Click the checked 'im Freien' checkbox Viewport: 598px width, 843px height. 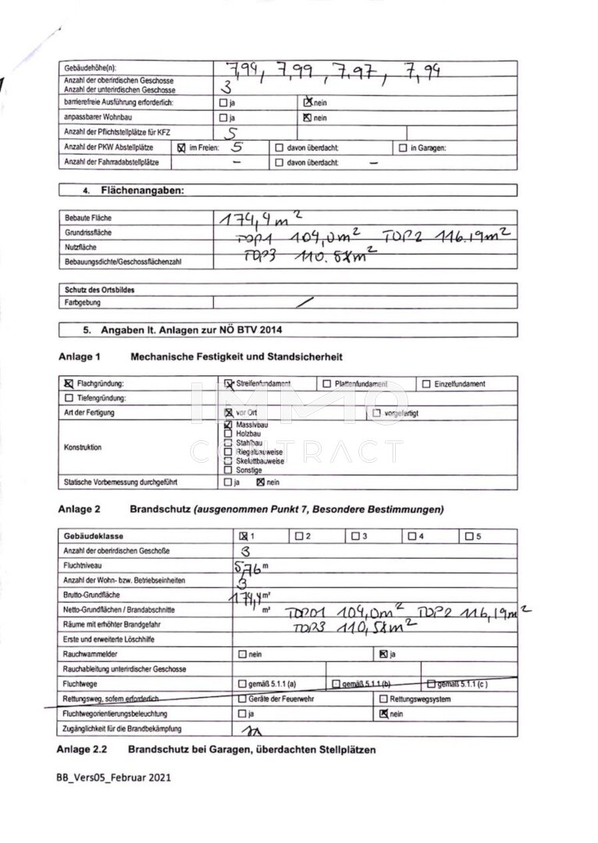[x=182, y=148]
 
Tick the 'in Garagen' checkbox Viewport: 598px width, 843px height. [x=403, y=148]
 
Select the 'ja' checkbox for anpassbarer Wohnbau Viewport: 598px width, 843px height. [x=223, y=118]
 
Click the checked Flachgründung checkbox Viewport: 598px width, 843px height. [x=68, y=384]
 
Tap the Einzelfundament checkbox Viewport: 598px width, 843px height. [x=426, y=384]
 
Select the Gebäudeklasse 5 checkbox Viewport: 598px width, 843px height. [x=468, y=536]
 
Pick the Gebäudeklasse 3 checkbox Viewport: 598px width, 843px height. [x=355, y=536]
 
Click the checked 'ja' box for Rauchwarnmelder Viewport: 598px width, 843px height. [x=383, y=654]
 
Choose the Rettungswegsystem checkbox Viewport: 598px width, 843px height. [x=383, y=699]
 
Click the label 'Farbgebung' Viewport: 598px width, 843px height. [x=82, y=302]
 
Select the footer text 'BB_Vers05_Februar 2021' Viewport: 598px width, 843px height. [x=113, y=777]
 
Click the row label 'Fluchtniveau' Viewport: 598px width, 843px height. [x=83, y=565]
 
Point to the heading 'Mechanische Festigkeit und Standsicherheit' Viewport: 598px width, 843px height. [x=237, y=357]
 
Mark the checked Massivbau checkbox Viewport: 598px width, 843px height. [x=228, y=425]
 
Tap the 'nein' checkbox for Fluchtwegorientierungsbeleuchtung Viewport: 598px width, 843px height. [x=383, y=713]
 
